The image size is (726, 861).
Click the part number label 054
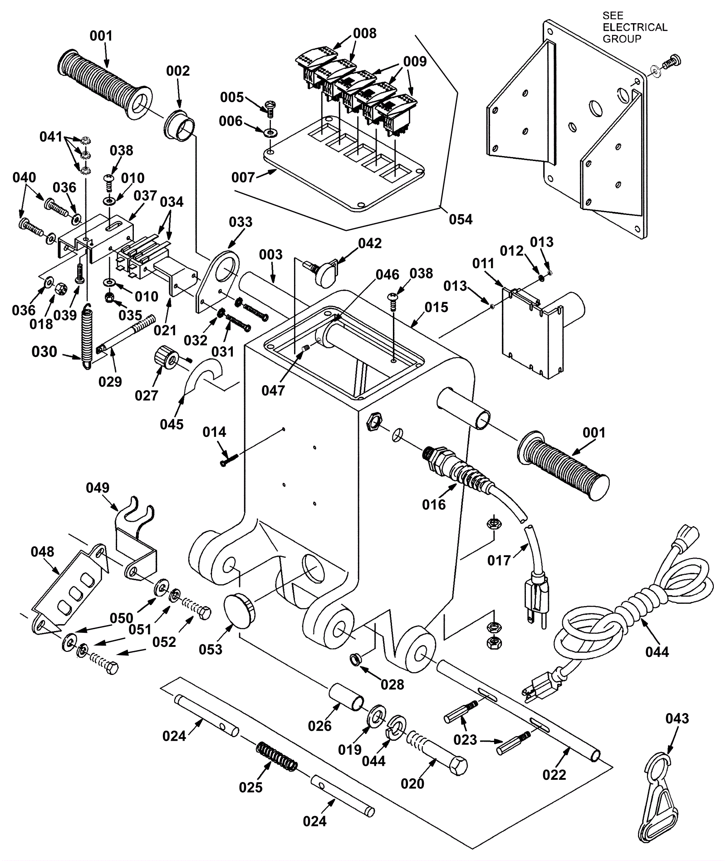(461, 220)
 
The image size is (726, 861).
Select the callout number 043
(677, 719)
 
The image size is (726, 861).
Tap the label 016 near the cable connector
(434, 504)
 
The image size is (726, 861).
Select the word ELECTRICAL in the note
(635, 27)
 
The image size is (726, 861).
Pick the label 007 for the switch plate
(243, 177)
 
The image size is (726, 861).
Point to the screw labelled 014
(227, 461)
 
